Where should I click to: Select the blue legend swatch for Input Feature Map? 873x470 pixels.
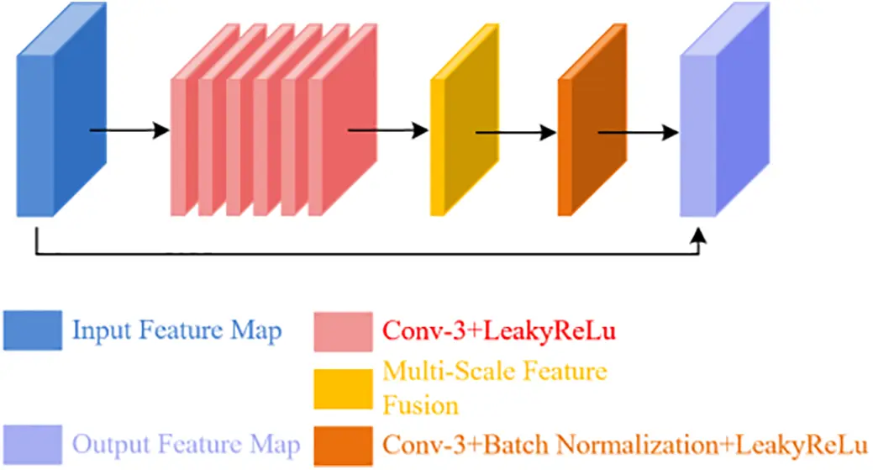pyautogui.click(x=32, y=330)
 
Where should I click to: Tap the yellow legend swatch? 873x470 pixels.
pyautogui.click(x=343, y=388)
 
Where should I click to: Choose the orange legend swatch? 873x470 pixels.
pyautogui.click(x=343, y=445)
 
